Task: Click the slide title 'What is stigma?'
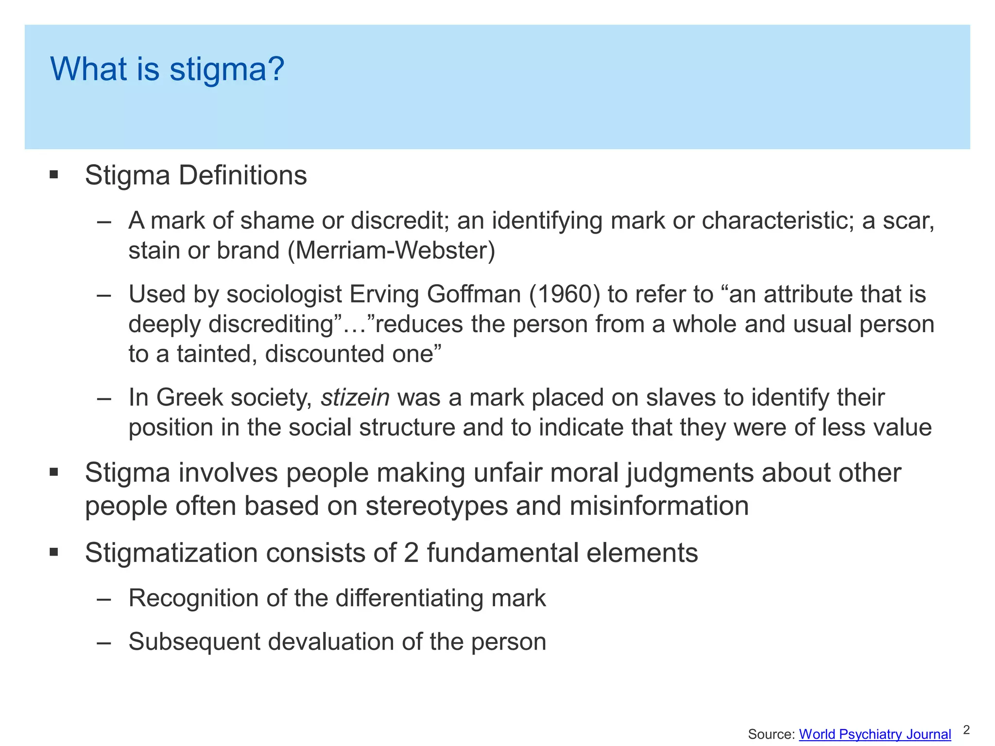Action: tap(167, 69)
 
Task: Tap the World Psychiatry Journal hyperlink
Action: tap(875, 734)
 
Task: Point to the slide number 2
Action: tap(966, 730)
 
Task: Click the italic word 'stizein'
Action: tap(355, 398)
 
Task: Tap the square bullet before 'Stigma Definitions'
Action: tap(54, 175)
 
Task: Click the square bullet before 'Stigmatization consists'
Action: tap(54, 552)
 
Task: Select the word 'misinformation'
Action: tap(659, 506)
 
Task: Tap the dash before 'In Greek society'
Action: tap(104, 398)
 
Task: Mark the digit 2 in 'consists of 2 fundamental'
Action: tap(411, 553)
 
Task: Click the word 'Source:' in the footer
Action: tap(771, 734)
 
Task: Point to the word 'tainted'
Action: tap(214, 354)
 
